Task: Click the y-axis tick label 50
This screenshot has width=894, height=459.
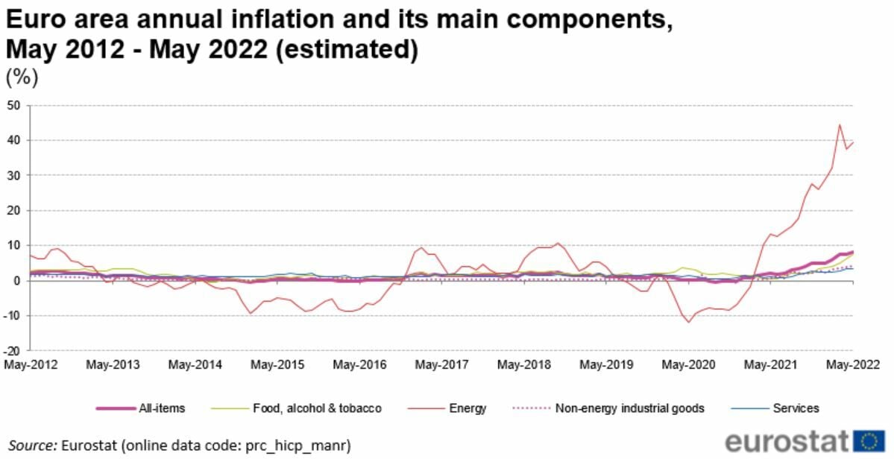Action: [13, 105]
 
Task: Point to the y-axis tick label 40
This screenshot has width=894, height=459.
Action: [13, 140]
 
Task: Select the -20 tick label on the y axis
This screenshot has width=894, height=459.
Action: [11, 350]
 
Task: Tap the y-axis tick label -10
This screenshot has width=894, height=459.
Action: [11, 315]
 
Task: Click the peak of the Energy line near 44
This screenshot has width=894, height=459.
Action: [839, 125]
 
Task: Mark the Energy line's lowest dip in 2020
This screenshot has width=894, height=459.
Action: [689, 322]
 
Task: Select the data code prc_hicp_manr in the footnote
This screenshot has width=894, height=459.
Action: [306, 446]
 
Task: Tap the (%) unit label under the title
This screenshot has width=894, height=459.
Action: [22, 77]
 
